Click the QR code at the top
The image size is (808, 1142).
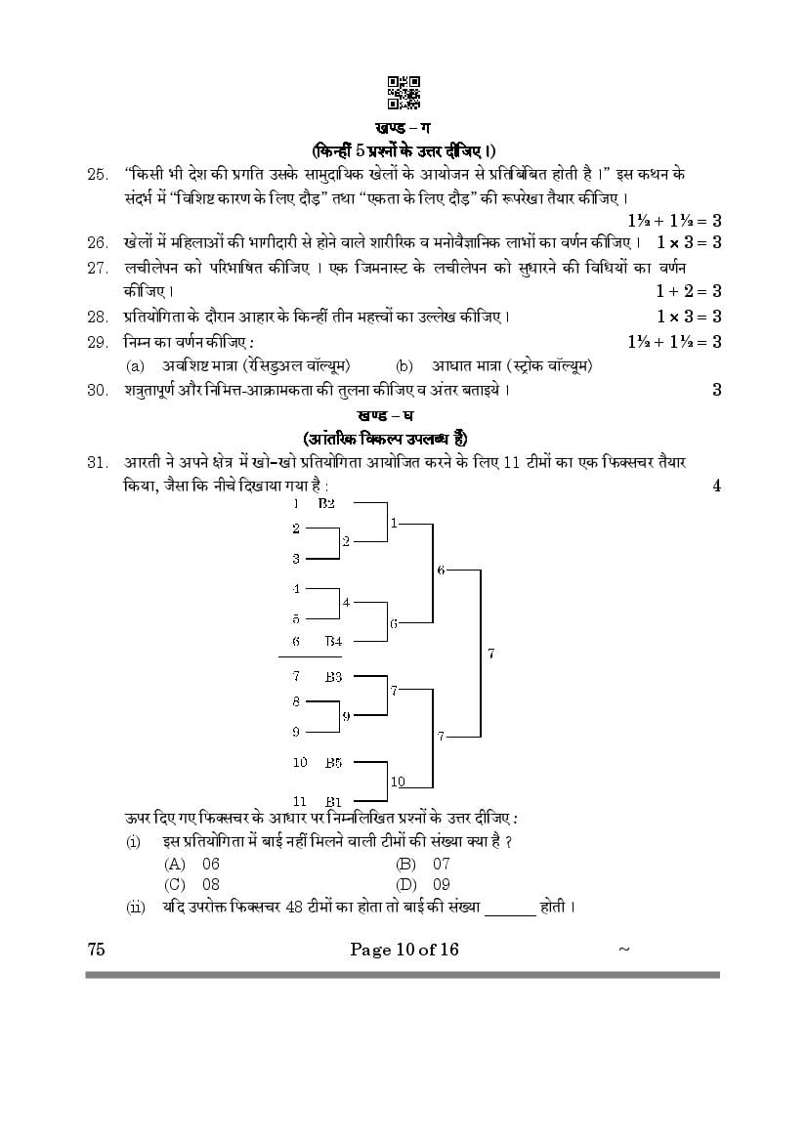(x=404, y=92)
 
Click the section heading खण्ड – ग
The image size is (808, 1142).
(x=404, y=128)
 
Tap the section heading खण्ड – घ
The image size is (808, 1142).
(x=404, y=415)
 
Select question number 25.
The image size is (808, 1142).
(x=97, y=174)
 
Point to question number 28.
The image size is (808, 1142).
(x=97, y=317)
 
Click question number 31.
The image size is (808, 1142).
(x=97, y=462)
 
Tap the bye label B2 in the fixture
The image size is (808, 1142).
(x=326, y=503)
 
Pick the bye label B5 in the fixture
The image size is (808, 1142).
(x=333, y=762)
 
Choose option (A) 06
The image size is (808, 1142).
(x=194, y=864)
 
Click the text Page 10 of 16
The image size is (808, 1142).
(x=404, y=950)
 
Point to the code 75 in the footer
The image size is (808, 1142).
(x=96, y=950)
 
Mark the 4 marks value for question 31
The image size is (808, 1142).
(x=716, y=486)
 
